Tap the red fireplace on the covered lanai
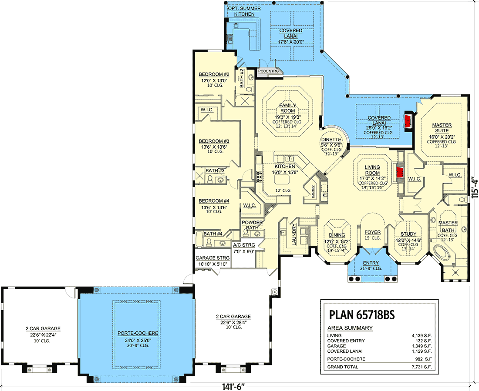coord(408,121)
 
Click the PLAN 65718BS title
coord(361,314)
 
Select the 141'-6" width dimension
coord(234,387)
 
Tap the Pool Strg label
coord(269,71)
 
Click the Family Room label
coord(287,108)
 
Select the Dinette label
coord(331,140)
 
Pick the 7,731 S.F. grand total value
coord(422,367)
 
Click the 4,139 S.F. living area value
coord(422,335)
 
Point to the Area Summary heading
coord(350,328)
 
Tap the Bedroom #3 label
coord(214,141)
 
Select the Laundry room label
coord(294,234)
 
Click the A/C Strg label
coord(244,245)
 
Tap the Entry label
coord(371,263)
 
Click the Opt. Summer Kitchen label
coord(244,11)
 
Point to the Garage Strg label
coord(213,258)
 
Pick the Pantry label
coord(313,192)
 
